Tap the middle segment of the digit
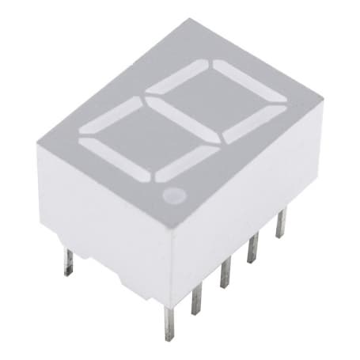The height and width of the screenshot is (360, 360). pos(184,110)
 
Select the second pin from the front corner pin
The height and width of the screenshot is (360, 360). pos(197,297)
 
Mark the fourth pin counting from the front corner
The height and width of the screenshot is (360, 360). pos(253,248)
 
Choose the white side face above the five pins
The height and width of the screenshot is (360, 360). pos(245,190)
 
